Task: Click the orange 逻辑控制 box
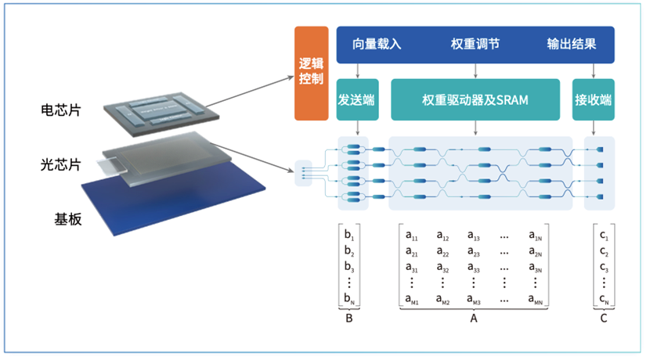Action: pos(311,74)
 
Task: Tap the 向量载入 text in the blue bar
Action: pos(377,44)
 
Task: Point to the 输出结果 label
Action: pos(572,44)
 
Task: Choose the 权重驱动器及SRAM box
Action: pos(475,99)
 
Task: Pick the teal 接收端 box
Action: pos(593,99)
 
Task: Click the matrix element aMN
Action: pos(536,301)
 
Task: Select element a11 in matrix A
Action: pos(412,235)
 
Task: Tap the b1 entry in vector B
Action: pos(349,235)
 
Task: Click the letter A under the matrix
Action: pos(473,319)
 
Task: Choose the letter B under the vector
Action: pos(349,319)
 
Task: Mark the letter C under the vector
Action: pos(603,319)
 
